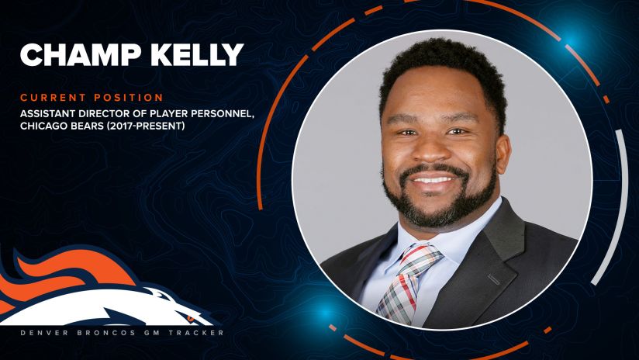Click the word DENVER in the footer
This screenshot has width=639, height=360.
42,333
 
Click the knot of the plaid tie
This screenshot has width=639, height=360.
418,257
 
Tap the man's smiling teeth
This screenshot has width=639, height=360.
433,179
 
